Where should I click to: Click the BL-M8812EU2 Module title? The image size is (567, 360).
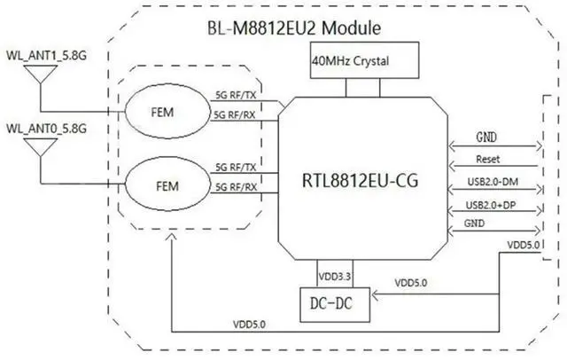(x=294, y=28)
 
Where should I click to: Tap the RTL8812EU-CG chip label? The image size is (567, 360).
(x=360, y=180)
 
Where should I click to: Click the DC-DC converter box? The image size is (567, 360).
(x=335, y=305)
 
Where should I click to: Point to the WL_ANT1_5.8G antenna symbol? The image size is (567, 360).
(x=41, y=74)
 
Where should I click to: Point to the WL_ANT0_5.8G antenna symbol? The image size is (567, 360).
(x=41, y=147)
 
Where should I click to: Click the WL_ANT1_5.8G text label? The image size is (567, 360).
(x=46, y=56)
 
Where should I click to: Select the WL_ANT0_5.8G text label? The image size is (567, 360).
(x=46, y=129)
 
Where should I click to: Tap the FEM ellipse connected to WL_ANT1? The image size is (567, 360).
(x=167, y=111)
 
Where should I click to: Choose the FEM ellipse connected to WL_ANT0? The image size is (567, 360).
(x=167, y=184)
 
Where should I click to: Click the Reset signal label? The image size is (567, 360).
(x=488, y=160)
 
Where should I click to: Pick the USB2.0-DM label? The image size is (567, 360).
(x=493, y=182)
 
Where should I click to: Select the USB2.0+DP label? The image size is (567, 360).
(x=491, y=205)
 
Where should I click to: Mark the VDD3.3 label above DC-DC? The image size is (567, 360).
(x=335, y=277)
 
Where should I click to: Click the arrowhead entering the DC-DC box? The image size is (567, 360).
(x=375, y=295)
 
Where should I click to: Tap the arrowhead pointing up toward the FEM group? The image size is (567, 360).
(x=172, y=237)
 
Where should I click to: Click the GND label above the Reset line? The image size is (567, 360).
(x=486, y=137)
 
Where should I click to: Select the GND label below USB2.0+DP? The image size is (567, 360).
(x=474, y=223)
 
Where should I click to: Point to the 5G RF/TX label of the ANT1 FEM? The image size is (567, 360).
(x=236, y=95)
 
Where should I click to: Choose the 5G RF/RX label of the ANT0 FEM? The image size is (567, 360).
(x=237, y=187)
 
